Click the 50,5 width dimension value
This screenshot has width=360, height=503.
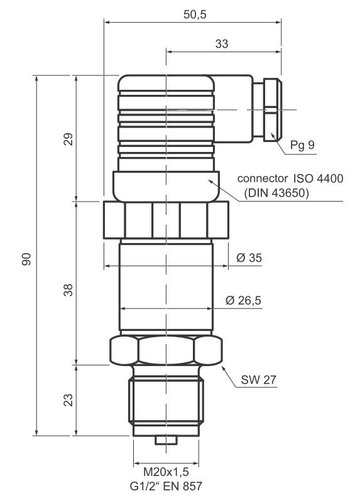[x=195, y=14]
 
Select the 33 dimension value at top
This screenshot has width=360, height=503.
[x=221, y=43]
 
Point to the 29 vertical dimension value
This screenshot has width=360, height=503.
[x=68, y=139]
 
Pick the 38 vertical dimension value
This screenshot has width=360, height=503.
[x=68, y=289]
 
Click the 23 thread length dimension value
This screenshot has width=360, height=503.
[x=68, y=400]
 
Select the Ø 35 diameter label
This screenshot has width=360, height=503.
[x=249, y=257]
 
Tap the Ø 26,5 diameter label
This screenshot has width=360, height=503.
[x=244, y=300]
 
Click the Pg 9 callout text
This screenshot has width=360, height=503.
[x=302, y=145]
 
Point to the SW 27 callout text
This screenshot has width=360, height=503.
[x=258, y=380]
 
